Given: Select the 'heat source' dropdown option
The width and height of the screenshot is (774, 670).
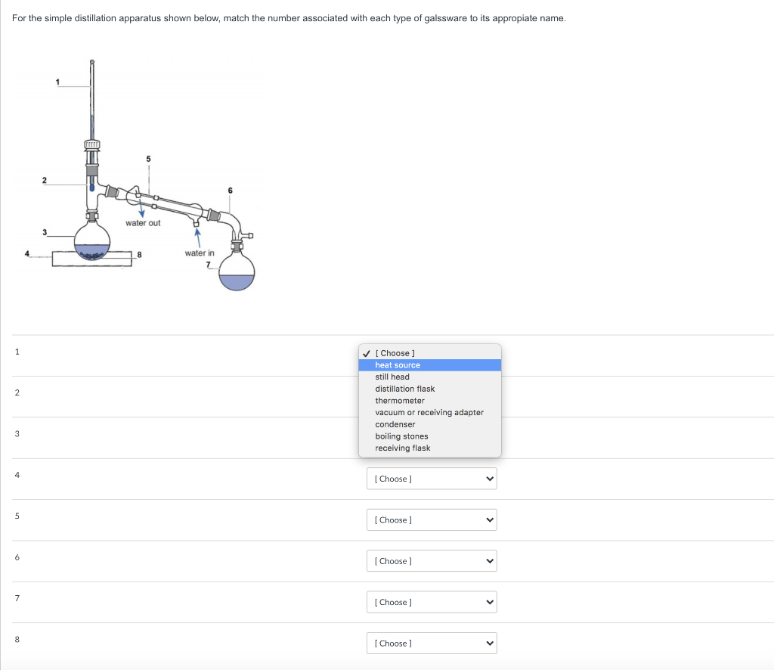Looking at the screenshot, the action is click(x=398, y=365).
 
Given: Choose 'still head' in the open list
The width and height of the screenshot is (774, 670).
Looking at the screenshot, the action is click(x=392, y=377).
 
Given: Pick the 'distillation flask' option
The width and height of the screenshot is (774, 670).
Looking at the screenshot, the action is click(x=404, y=389).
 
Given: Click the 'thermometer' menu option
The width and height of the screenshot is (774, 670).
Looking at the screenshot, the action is click(x=400, y=401).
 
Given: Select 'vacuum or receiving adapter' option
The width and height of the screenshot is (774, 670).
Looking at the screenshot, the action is click(x=429, y=412).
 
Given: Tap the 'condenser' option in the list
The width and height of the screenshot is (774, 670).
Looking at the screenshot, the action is click(x=395, y=424).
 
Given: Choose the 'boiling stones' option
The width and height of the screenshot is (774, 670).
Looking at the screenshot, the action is click(x=401, y=436).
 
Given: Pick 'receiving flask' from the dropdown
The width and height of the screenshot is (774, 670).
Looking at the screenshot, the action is click(x=403, y=448).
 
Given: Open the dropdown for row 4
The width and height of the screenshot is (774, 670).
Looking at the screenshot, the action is click(x=432, y=479).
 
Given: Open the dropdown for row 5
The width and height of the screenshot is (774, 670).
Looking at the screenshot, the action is click(x=432, y=520).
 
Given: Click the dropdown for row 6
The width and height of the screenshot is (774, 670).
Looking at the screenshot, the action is click(x=432, y=561).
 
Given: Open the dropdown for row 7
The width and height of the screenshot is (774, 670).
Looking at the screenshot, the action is click(x=432, y=602).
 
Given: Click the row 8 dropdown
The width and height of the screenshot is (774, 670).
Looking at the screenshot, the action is click(x=432, y=644).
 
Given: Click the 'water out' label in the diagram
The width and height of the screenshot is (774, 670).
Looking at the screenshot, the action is click(x=143, y=223).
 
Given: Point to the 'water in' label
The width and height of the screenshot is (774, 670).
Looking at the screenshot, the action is click(x=200, y=253).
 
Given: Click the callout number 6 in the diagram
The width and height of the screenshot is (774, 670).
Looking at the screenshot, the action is click(x=230, y=190).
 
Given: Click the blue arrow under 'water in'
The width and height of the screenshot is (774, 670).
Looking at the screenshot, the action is click(x=197, y=236).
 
